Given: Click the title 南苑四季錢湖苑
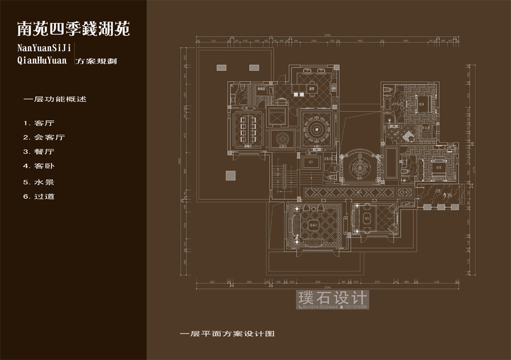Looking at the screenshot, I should pyautogui.click(x=74, y=29).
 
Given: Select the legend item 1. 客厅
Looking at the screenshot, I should pyautogui.click(x=39, y=123).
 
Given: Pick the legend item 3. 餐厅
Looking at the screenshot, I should pyautogui.click(x=39, y=152).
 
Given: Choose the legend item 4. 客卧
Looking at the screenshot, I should pyautogui.click(x=39, y=166).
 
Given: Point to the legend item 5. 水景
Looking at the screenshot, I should pyautogui.click(x=39, y=182).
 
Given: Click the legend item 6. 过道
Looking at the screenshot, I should pyautogui.click(x=39, y=196).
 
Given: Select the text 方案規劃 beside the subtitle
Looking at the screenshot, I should pyautogui.click(x=96, y=61).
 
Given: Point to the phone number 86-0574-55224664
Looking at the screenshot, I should pyautogui.click(x=320, y=307).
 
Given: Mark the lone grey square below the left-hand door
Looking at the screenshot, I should pyautogui.click(x=229, y=176).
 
